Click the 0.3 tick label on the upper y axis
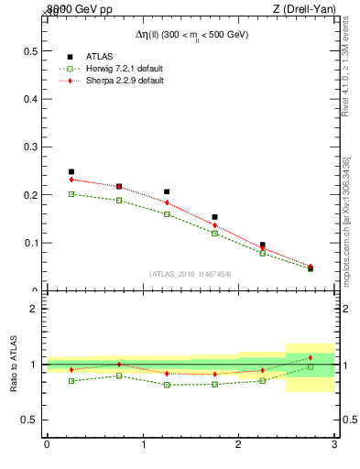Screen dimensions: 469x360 pos(30,147)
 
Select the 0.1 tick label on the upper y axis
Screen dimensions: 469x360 pos(30,244)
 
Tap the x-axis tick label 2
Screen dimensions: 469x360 pos(238,444)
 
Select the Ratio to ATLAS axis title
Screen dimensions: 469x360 pos(14,365)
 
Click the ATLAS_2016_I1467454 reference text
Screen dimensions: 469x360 pos(190,273)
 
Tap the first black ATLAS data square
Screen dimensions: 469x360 pos(71,171)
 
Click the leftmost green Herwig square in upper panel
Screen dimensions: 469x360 pos(71,194)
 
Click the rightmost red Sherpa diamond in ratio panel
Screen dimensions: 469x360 pos(310,357)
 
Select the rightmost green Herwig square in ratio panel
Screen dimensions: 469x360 pos(310,366)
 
